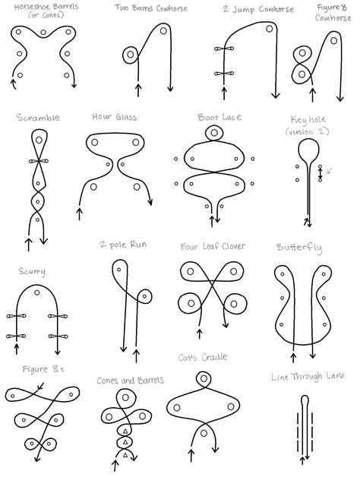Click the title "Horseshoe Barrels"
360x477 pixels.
40,8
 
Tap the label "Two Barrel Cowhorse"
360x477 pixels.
147,8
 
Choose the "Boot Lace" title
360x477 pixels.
214,118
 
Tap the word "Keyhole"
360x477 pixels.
308,120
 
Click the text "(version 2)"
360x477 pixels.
308,131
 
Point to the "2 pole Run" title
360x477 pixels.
122,245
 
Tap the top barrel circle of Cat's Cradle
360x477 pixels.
204,378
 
